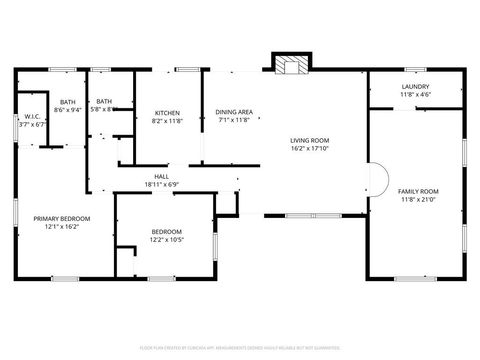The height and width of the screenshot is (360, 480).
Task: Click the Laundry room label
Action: [x=415, y=87]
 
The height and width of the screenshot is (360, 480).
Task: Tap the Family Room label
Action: [x=418, y=190]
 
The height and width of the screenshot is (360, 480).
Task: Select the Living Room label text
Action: [x=309, y=141]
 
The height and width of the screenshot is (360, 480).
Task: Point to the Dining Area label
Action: [x=233, y=113]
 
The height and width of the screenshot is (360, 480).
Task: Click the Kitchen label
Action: [x=167, y=113]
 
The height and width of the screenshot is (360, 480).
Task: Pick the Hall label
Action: [x=161, y=177]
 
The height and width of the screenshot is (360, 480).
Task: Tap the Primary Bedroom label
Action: [x=62, y=218]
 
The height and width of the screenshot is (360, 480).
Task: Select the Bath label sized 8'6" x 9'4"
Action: [x=67, y=102]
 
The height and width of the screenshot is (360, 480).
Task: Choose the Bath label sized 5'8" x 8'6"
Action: [x=103, y=102]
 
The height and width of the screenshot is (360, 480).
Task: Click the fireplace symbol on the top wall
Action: [x=292, y=65]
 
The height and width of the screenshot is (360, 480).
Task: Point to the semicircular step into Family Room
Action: [x=378, y=182]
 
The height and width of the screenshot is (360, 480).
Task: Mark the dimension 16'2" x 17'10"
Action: [x=309, y=149]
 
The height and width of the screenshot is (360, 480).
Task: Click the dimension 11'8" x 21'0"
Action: [x=418, y=198]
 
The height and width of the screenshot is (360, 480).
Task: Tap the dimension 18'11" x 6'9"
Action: [x=161, y=185]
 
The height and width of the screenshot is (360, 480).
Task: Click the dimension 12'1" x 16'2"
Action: [x=62, y=226]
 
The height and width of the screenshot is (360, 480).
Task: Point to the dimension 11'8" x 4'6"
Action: [x=415, y=95]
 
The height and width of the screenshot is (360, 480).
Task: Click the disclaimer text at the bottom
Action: [x=239, y=347]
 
